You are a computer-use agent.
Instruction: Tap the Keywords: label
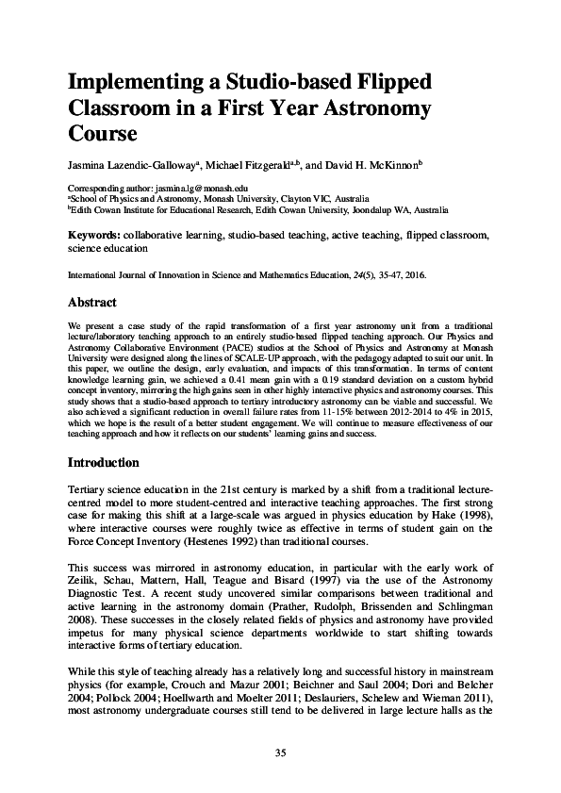(x=93, y=234)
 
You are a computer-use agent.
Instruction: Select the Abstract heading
(x=91, y=303)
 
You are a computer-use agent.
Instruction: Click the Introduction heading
(x=104, y=463)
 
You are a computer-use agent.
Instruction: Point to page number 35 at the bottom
(x=280, y=752)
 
